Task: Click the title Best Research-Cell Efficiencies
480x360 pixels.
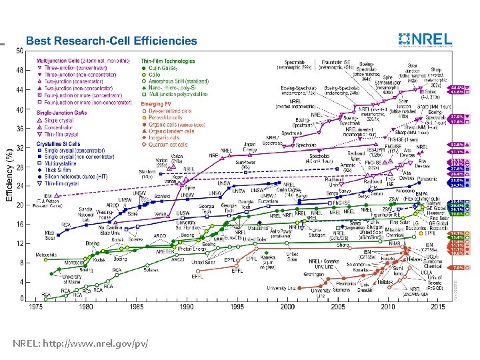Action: (112, 41)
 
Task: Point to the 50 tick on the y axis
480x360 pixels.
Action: (20, 51)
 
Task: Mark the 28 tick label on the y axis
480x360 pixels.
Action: (20, 166)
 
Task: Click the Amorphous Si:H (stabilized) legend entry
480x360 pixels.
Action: (176, 81)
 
